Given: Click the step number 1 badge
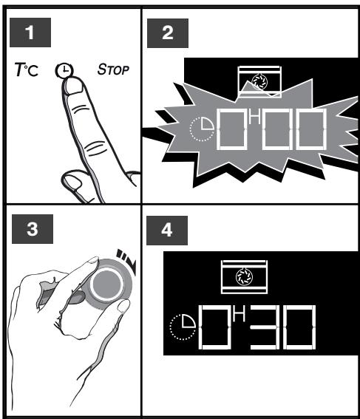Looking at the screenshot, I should pyautogui.click(x=30, y=34).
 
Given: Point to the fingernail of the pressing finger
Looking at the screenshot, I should pyautogui.click(x=72, y=86).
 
